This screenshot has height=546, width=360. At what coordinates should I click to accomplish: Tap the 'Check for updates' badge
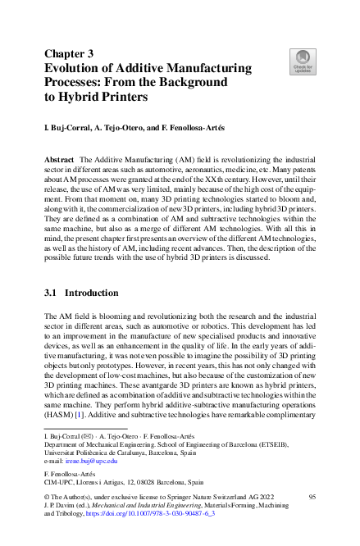[303, 61]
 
